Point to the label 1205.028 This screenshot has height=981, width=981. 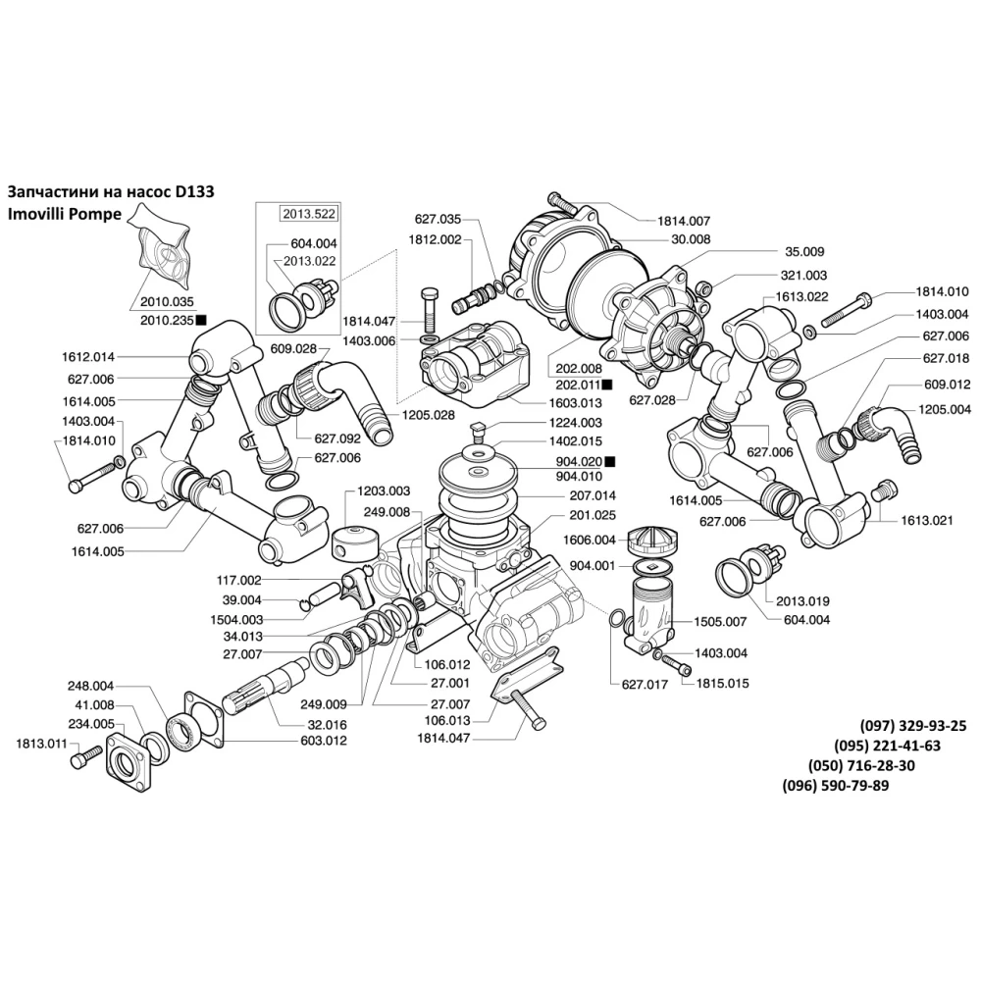coord(428,415)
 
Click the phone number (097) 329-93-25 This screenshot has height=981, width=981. coord(913,726)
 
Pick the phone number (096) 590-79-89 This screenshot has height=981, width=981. coord(836,786)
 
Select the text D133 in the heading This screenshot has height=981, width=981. coord(194,193)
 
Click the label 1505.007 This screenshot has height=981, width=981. coord(721,621)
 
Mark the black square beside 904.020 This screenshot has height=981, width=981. coord(609,460)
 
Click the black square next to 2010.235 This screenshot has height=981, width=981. coord(201,320)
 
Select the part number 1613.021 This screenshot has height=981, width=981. coord(927,521)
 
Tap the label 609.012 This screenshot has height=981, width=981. coord(947,385)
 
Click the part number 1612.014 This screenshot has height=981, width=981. coord(89,358)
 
